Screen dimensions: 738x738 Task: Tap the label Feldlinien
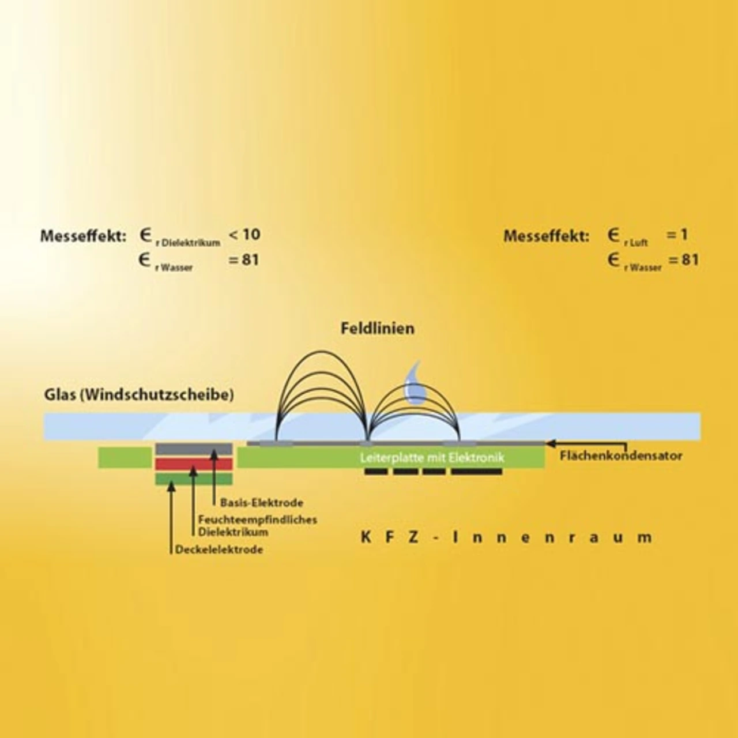tap(377, 329)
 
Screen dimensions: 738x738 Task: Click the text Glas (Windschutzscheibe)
tap(139, 396)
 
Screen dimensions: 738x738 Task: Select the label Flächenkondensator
tap(621, 456)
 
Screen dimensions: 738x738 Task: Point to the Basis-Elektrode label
tap(261, 503)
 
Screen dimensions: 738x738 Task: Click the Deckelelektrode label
tap(219, 550)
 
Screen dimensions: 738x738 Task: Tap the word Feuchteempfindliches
tap(258, 519)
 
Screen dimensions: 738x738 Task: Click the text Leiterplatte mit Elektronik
tap(432, 458)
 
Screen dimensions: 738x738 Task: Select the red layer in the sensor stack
tap(194, 464)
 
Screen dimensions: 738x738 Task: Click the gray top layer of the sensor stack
tap(194, 449)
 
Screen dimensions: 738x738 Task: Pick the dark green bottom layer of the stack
tap(194, 479)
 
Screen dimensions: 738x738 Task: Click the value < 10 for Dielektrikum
tap(244, 235)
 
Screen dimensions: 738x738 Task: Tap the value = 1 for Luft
tap(677, 235)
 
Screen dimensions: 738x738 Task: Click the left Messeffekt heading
tap(82, 236)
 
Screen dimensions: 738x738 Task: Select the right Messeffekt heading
tap(546, 236)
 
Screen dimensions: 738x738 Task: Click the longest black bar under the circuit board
tap(476, 472)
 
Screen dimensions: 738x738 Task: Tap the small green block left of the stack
tap(125, 457)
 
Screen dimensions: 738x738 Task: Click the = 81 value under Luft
tap(684, 260)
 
